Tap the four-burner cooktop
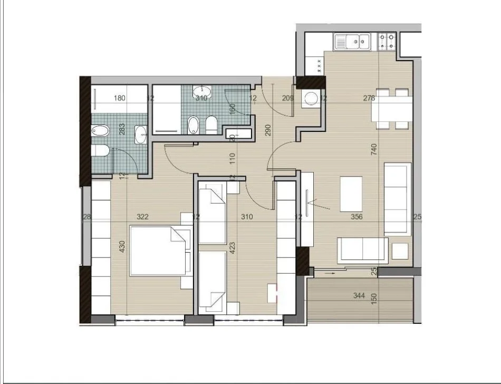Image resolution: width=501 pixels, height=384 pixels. click(388, 41)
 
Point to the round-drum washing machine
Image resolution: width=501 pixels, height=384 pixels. click(312, 99)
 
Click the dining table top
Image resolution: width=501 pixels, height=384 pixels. click(391, 110)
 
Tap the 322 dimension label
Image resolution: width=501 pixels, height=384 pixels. click(142, 216)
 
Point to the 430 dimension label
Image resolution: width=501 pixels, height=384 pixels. click(123, 247)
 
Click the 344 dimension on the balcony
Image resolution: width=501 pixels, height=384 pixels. click(359, 296)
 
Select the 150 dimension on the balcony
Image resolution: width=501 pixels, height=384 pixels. click(374, 299)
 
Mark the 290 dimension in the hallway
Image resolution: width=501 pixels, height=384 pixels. click(268, 130)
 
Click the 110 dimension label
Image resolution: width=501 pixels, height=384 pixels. click(232, 157)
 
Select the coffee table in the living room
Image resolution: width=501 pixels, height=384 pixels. click(352, 194)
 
